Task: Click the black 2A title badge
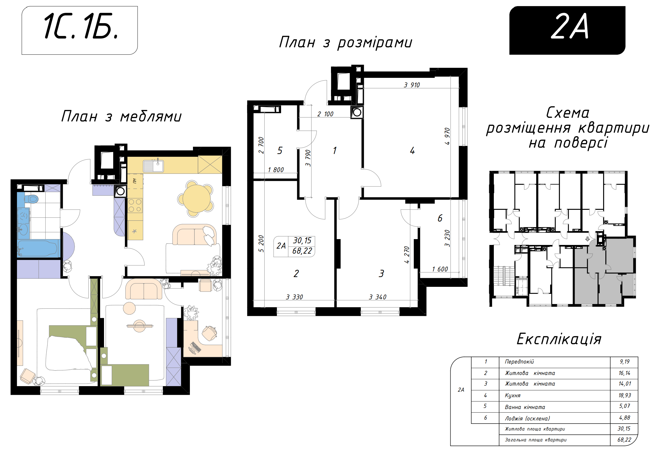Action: (x=567, y=30)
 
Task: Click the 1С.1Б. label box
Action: (x=79, y=30)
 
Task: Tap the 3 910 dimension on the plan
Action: (x=412, y=85)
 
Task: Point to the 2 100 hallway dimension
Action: (x=325, y=114)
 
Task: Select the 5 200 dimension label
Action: (x=261, y=244)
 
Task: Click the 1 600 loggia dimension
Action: (x=440, y=269)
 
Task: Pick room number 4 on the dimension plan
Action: (x=412, y=150)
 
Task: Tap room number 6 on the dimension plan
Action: (x=440, y=218)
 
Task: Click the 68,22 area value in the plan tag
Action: (x=302, y=251)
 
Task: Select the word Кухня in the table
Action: (x=513, y=395)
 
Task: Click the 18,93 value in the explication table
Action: (x=624, y=395)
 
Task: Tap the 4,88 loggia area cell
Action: (x=624, y=418)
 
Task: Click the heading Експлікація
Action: (x=559, y=339)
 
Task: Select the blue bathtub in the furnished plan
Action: (x=38, y=248)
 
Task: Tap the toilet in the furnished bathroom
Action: (x=32, y=199)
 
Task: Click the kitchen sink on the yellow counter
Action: (x=153, y=166)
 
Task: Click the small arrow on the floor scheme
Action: (x=588, y=239)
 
